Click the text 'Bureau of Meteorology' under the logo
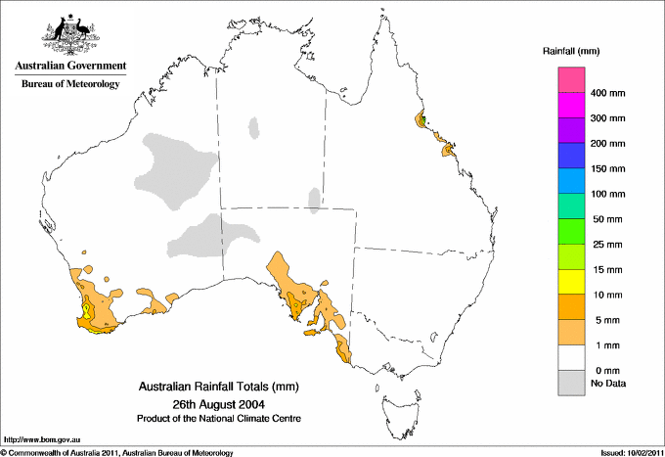coord(69,84)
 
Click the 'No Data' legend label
coord(608,384)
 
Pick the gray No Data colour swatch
coord(571,384)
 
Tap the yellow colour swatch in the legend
coord(571,282)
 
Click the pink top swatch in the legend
coord(571,79)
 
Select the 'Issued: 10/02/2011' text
coord(627,452)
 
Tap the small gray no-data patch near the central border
coord(314,200)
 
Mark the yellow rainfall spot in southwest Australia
coord(87,311)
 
